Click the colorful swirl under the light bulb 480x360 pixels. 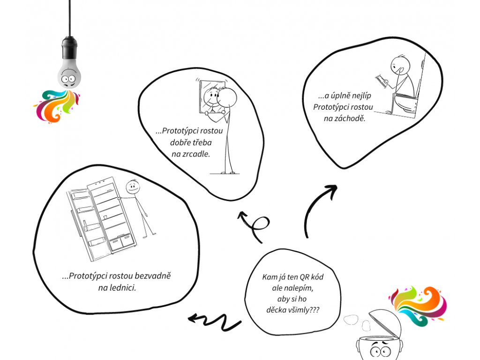click(56, 105)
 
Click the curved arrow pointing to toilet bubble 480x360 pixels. click(319, 206)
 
